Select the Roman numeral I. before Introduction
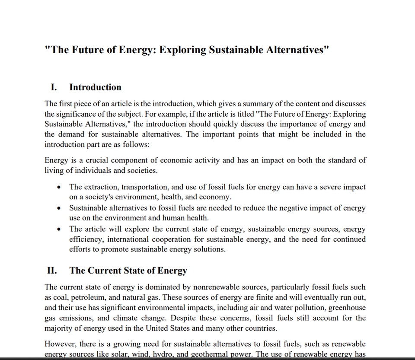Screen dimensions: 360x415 click(x=54, y=87)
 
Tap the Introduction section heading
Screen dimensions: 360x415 click(x=95, y=87)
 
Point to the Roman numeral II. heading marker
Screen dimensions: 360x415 click(x=52, y=271)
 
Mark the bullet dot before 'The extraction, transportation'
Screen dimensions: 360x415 click(x=59, y=188)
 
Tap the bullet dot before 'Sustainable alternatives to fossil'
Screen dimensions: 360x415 click(x=59, y=208)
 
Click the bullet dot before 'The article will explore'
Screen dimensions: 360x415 click(x=59, y=229)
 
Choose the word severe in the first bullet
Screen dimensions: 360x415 click(x=318, y=187)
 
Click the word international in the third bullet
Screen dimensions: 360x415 click(x=127, y=239)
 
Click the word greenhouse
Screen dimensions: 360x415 click(x=347, y=308)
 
